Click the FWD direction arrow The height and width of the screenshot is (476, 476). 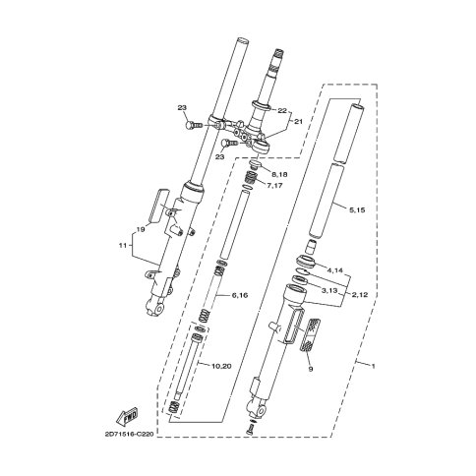click(x=127, y=416)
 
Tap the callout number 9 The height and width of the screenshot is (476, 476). click(x=311, y=369)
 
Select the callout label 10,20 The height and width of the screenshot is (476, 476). click(x=222, y=366)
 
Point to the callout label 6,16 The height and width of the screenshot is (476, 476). click(x=240, y=295)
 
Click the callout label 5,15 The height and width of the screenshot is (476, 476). click(x=357, y=210)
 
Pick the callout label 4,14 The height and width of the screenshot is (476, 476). click(x=334, y=270)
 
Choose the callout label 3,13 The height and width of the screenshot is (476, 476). click(x=329, y=290)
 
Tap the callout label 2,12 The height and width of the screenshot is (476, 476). click(x=359, y=294)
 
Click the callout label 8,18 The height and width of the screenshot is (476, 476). click(x=279, y=175)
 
